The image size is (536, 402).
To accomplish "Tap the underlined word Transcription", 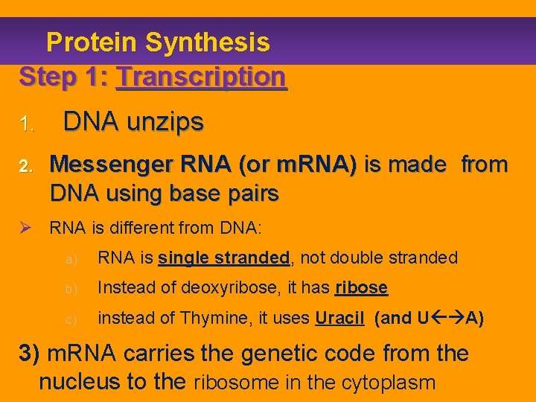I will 201,76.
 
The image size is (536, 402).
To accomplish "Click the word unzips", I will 167,121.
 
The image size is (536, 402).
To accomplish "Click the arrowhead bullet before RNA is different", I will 28,228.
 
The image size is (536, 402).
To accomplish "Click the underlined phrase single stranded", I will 223,258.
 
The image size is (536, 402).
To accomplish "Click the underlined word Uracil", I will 339,318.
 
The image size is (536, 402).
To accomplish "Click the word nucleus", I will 83,382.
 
